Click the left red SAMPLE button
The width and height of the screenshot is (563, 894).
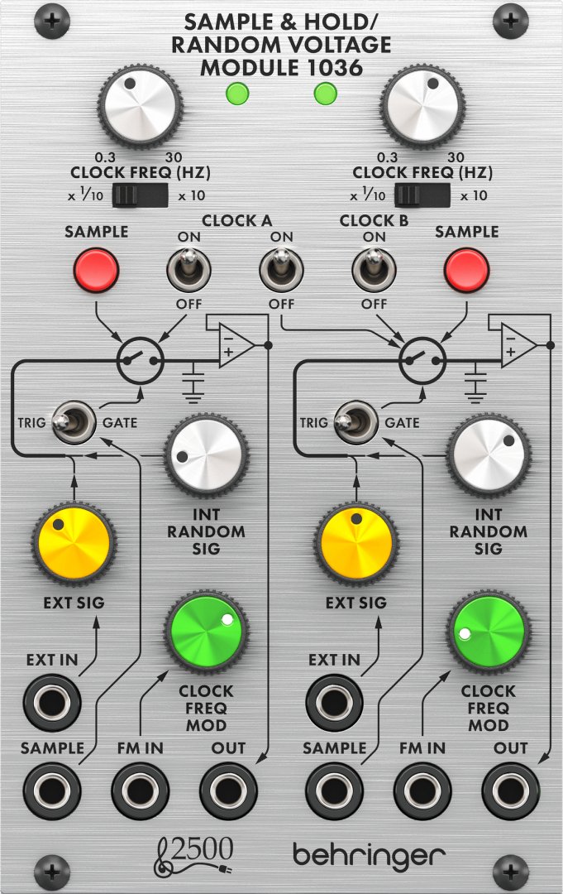[96, 270]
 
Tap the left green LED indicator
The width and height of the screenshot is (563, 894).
[237, 94]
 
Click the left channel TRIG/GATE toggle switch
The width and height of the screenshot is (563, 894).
[74, 422]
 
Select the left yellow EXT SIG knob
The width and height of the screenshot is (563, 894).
[74, 543]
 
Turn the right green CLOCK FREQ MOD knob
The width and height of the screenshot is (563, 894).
[489, 632]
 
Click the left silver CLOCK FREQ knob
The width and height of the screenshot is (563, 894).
[140, 107]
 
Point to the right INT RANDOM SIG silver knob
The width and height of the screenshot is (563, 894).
[489, 454]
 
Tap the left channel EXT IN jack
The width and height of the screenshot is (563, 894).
[52, 702]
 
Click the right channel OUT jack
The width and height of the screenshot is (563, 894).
[511, 791]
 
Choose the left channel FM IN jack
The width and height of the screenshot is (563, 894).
[140, 791]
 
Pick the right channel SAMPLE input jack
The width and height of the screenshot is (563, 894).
[334, 791]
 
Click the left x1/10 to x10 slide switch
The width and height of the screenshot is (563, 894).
[140, 195]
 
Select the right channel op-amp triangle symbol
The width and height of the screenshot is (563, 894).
[519, 345]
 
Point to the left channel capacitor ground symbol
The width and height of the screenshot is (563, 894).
[193, 382]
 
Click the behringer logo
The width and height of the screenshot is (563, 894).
[369, 854]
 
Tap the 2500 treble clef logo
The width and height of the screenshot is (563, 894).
[193, 855]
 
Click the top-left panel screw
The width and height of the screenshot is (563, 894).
[52, 21]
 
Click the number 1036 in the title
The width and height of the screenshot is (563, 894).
[334, 68]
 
